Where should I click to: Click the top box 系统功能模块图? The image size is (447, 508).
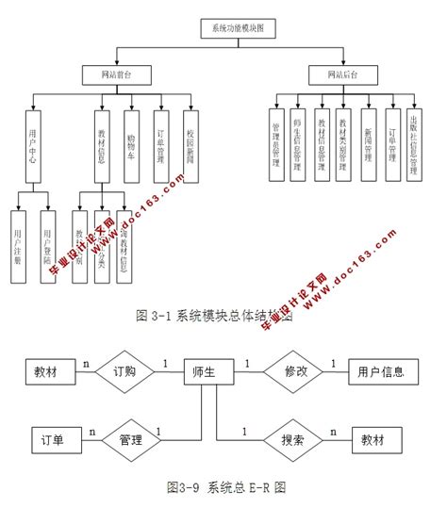point(239,29)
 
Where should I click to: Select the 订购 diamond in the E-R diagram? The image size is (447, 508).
point(125,372)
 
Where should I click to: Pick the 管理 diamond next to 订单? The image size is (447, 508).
point(130,439)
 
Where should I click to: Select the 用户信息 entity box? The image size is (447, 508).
point(382,372)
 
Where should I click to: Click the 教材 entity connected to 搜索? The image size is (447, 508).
point(374,439)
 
